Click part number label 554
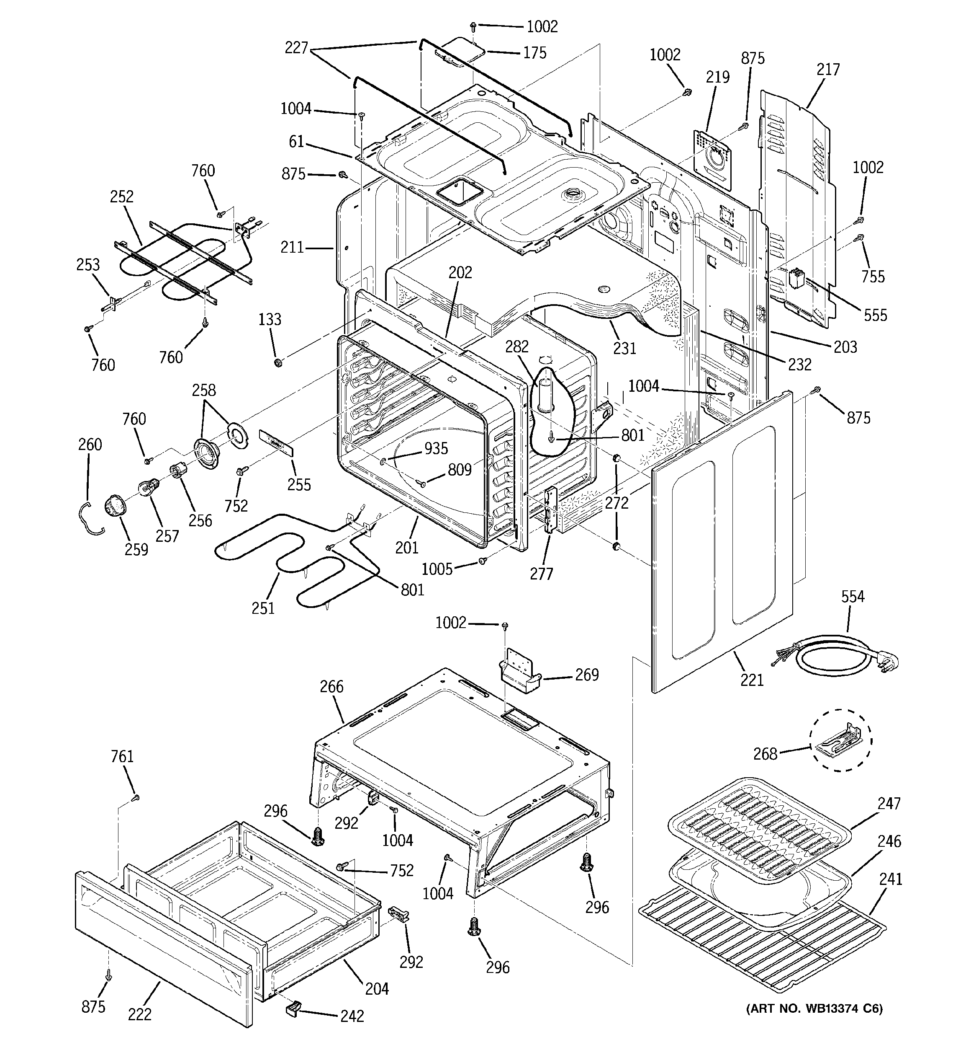(x=853, y=596)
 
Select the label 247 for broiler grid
(x=889, y=803)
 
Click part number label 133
(x=270, y=319)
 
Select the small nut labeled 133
(x=278, y=362)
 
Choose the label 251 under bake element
(x=263, y=608)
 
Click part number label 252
(x=121, y=197)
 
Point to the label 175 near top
(x=535, y=53)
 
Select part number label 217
(x=828, y=70)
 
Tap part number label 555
(x=875, y=315)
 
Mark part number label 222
(x=140, y=1014)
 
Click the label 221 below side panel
(x=752, y=680)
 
